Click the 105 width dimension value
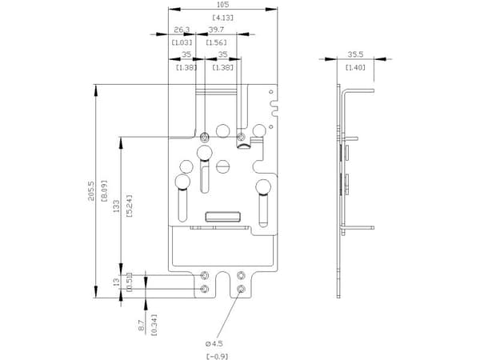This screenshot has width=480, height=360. coord(222,5)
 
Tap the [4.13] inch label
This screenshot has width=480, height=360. coord(223,18)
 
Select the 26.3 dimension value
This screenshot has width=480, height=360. coord(182,30)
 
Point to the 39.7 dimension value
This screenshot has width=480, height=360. coord(216,30)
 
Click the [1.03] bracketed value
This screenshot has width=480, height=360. coord(182,42)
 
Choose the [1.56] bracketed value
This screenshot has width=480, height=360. coord(217,42)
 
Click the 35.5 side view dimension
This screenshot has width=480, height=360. coord(355,54)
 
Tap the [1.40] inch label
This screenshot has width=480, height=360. coord(355,67)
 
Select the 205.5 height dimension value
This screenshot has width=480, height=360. coord(91,191)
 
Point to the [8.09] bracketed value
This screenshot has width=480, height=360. coord(104,190)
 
